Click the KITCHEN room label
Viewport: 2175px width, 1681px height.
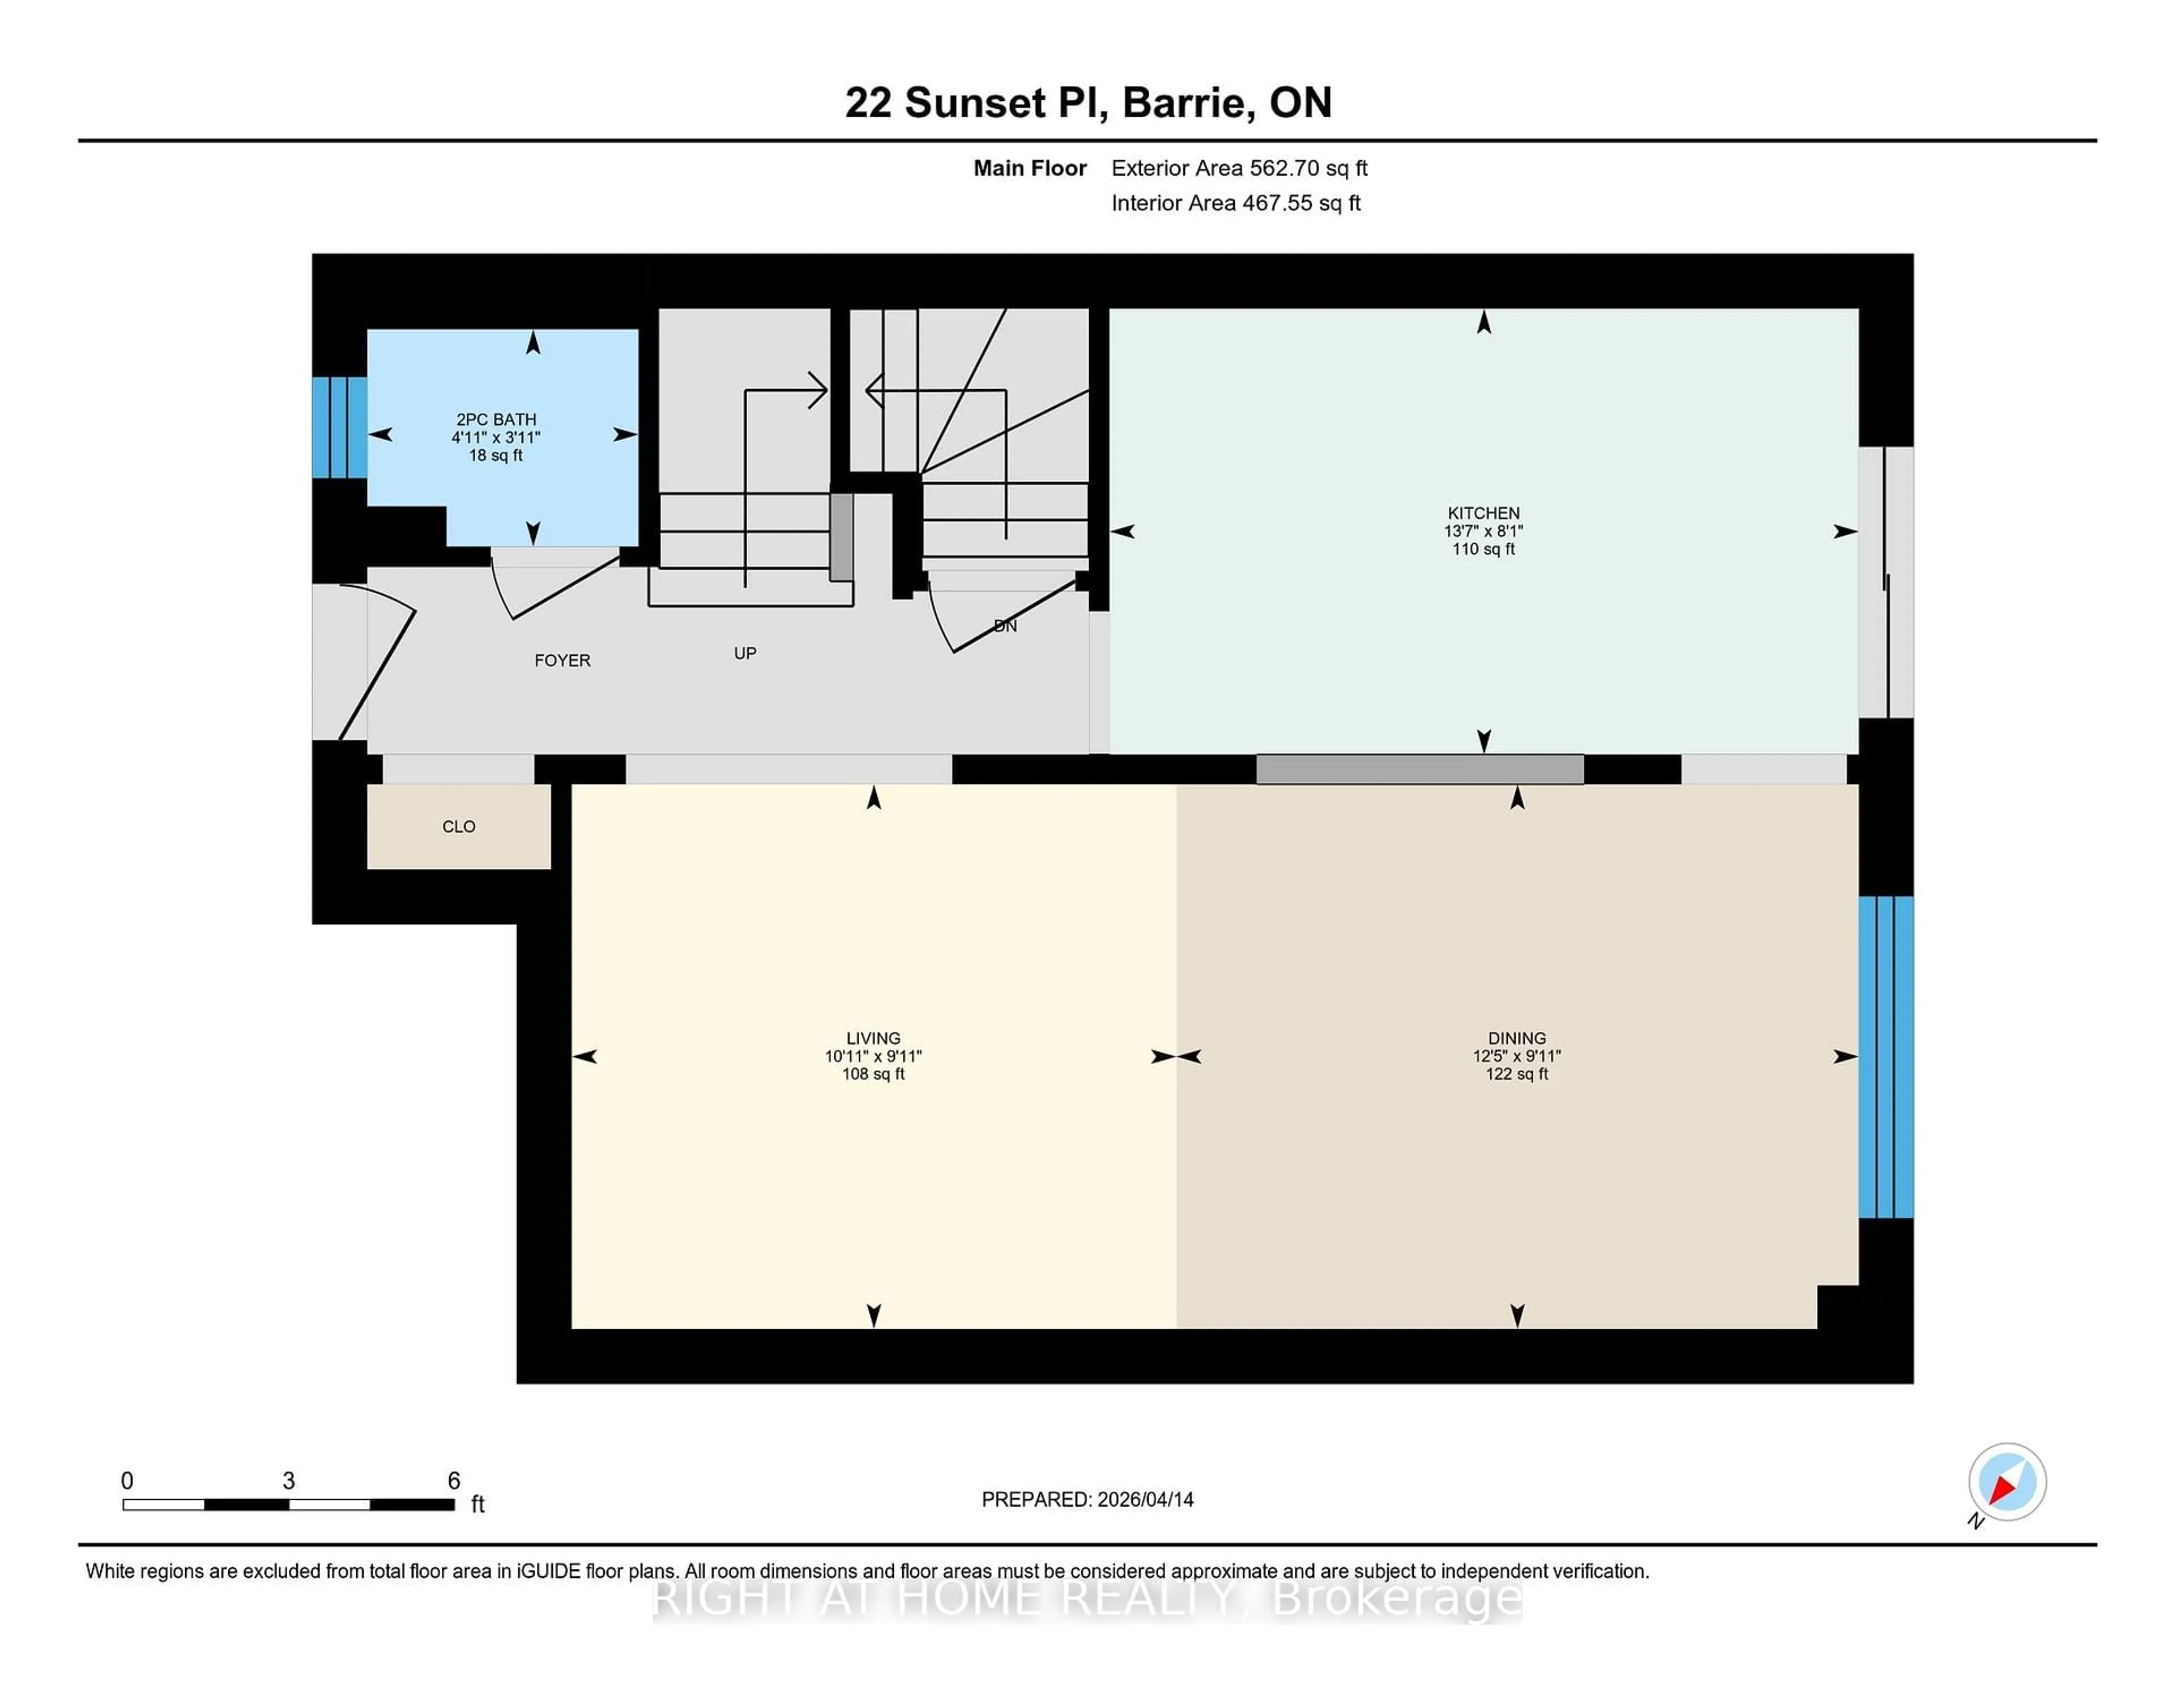point(1483,513)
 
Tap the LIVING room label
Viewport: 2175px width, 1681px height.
point(873,1038)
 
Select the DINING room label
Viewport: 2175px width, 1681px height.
point(1517,1038)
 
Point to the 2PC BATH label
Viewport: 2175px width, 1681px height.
point(496,419)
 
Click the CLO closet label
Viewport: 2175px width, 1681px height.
point(458,826)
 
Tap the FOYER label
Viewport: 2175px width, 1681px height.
point(562,660)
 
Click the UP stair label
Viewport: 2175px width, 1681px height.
point(745,653)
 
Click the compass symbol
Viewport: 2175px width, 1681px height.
point(2007,1482)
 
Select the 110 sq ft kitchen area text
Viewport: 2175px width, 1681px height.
point(1483,549)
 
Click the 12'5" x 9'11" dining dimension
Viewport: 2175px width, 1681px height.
point(1517,1056)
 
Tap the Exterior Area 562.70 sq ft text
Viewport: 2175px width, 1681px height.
point(1239,168)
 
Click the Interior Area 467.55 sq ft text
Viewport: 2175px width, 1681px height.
point(1235,203)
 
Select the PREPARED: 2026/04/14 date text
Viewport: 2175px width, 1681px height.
point(1087,1499)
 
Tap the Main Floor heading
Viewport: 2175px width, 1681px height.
point(1030,168)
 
